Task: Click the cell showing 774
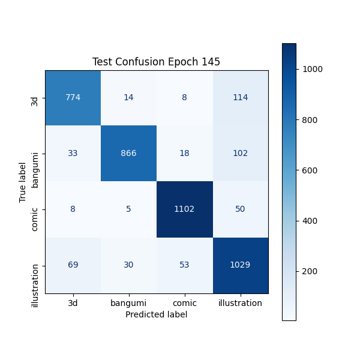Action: point(73,98)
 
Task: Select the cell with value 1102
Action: point(184,209)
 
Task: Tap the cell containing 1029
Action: point(240,265)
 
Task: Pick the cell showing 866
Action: point(128,153)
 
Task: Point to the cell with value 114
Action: point(240,98)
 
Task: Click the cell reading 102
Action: point(240,153)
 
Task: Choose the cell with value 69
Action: point(73,265)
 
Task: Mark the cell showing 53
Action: point(184,265)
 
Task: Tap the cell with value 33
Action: point(73,153)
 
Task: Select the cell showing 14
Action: point(128,98)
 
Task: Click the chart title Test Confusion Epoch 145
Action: point(156,62)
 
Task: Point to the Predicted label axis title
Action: point(156,314)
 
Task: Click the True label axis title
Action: point(23,182)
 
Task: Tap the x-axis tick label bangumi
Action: point(128,303)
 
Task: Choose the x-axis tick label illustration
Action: point(240,303)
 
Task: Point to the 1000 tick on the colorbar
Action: point(312,69)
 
